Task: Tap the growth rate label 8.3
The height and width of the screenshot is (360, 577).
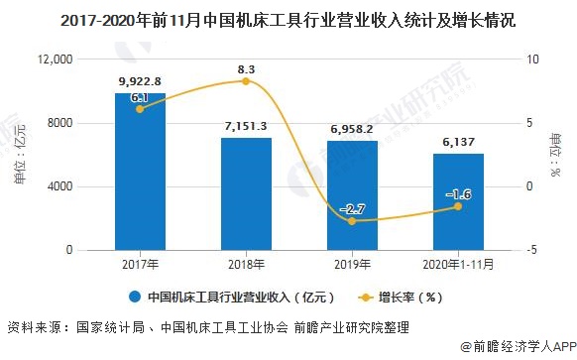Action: (x=247, y=68)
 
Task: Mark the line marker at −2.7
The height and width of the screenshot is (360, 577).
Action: (x=352, y=221)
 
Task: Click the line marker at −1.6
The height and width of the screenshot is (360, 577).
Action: (x=458, y=206)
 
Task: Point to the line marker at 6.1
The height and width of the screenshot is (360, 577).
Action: (x=140, y=109)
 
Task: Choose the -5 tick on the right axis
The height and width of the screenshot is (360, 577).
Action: (x=530, y=251)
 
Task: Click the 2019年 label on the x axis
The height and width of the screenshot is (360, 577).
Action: (x=352, y=265)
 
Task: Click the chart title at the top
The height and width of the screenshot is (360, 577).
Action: (x=288, y=19)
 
